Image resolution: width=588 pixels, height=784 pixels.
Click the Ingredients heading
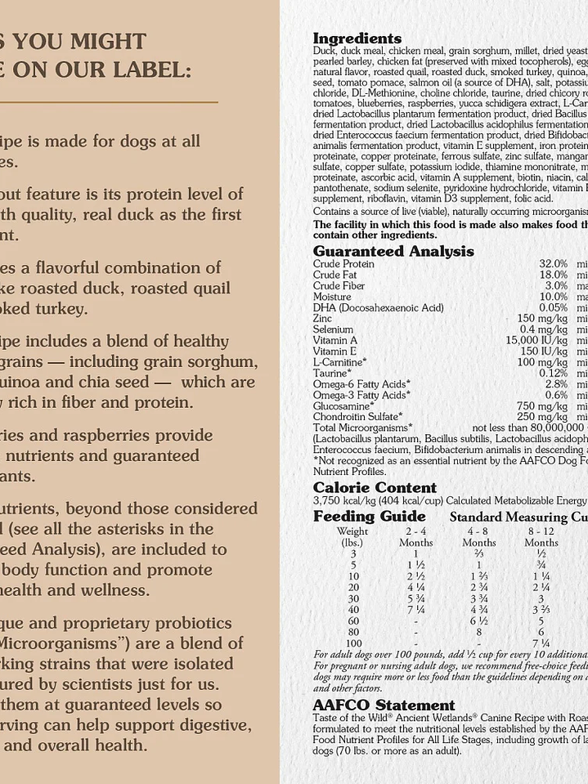coord(357,38)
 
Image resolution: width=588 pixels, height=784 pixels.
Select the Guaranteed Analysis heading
coord(393,251)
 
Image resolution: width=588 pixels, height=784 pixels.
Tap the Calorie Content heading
coord(363,487)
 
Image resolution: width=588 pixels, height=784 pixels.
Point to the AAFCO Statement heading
coord(384,704)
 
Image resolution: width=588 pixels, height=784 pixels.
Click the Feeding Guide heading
coord(369,516)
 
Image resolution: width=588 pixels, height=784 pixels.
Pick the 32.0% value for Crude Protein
coord(553,264)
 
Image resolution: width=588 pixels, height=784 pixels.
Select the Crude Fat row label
coord(335,275)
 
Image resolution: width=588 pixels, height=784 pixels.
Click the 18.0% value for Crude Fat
coord(553,275)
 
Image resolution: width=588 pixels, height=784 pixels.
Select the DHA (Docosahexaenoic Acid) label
coord(378,307)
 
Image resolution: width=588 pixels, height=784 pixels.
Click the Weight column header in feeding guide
coord(352,531)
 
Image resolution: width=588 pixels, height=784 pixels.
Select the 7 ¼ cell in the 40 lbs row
coord(415,609)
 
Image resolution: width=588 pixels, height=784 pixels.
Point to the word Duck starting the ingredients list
coord(325,51)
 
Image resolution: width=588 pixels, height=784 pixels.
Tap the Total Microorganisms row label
coord(362,427)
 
